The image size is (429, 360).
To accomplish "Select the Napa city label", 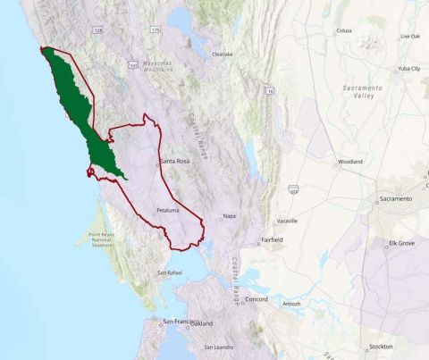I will pos(229,216).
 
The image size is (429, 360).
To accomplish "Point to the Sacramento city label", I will pos(395,198).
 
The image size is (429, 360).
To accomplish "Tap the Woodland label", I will pos(350,163).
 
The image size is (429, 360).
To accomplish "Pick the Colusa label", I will pos(343,30).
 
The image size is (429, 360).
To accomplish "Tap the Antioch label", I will pos(290,304).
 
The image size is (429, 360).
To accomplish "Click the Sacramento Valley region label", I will pos(364,92).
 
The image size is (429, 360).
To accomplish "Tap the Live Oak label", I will pos(410,36).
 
